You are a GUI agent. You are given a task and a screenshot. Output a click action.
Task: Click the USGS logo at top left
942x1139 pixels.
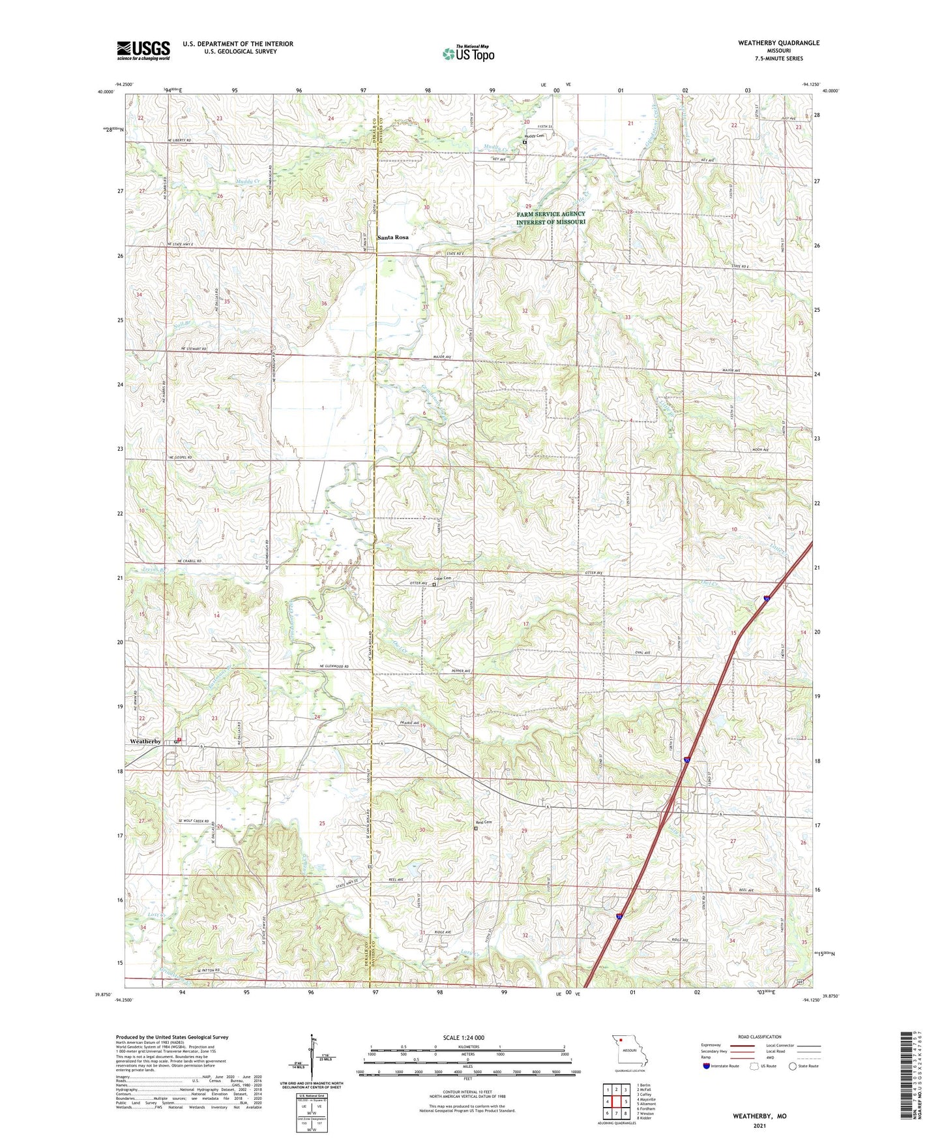143,50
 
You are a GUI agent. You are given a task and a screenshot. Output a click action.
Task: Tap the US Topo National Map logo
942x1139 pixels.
468,53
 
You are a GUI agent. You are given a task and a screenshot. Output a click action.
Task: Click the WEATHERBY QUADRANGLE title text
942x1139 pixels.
769,43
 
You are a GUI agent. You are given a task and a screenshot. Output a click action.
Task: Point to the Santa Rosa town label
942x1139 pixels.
393,237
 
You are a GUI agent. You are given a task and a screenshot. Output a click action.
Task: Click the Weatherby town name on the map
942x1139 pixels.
145,742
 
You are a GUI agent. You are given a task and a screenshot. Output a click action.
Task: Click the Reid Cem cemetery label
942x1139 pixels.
482,822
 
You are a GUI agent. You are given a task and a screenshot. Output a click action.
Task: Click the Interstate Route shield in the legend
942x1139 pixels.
707,1066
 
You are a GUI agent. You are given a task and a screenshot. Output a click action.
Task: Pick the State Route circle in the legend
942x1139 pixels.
793,1066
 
